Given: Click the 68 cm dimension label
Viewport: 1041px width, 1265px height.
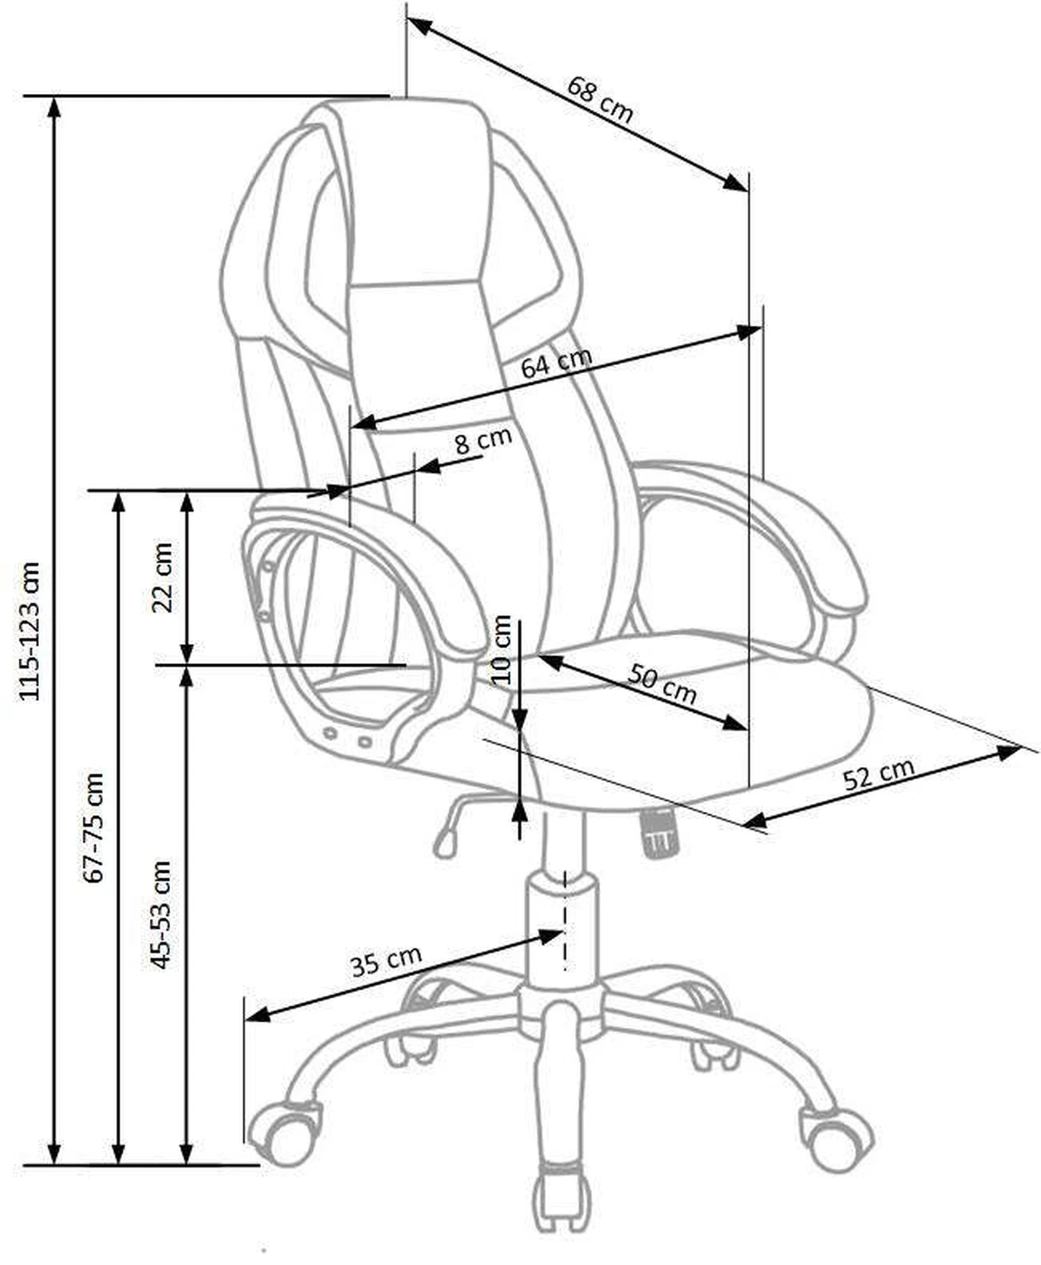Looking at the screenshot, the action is tap(600, 99).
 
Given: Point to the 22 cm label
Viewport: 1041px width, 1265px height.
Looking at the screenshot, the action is tap(163, 577).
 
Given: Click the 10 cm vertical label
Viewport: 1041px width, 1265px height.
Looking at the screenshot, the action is tap(501, 650).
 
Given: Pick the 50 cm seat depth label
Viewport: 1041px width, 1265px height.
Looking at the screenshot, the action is tap(661, 684).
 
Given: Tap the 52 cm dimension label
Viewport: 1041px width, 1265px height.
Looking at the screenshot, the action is tap(879, 774).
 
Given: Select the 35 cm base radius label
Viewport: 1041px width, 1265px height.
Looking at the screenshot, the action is tap(387, 960).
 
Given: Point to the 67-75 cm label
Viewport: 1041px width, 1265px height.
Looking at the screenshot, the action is tap(93, 827).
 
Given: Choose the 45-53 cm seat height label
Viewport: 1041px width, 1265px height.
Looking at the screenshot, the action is tap(161, 914).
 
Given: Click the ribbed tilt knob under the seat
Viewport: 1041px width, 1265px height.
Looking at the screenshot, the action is tap(660, 831).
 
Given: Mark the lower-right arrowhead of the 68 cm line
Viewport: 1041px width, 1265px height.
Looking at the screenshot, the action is tap(736, 182).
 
